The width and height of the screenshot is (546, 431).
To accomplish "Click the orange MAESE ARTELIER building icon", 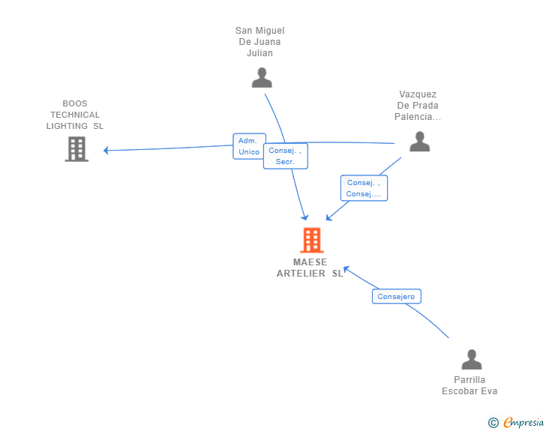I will (x=311, y=240).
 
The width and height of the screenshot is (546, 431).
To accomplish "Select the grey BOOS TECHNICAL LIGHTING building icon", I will (x=76, y=149).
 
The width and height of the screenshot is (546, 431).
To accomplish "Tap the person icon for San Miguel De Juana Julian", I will (x=262, y=77).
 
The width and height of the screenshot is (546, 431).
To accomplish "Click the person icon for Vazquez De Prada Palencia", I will (x=419, y=141).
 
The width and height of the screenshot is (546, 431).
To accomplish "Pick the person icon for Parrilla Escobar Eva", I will (x=471, y=360).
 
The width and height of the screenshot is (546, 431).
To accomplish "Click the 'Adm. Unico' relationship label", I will (x=249, y=146).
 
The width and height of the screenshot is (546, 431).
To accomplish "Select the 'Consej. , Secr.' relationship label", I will (x=285, y=156).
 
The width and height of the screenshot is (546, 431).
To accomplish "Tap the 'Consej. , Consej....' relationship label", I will (x=364, y=188).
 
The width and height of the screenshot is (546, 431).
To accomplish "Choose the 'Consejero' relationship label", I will (x=396, y=297).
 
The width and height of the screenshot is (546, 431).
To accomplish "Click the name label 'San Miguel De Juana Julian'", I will (x=260, y=42).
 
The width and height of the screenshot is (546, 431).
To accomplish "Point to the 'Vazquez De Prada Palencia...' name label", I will (x=418, y=106).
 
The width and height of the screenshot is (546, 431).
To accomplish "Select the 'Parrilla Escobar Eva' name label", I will (x=469, y=385).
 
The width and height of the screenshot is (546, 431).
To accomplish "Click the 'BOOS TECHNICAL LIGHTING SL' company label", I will (x=75, y=115).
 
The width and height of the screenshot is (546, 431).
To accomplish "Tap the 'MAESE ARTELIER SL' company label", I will (x=310, y=268).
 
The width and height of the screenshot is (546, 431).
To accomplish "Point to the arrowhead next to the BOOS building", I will (x=106, y=151).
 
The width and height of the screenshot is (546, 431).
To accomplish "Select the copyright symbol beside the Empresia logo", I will (x=493, y=423).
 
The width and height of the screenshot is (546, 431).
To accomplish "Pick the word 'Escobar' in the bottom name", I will (x=458, y=391).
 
